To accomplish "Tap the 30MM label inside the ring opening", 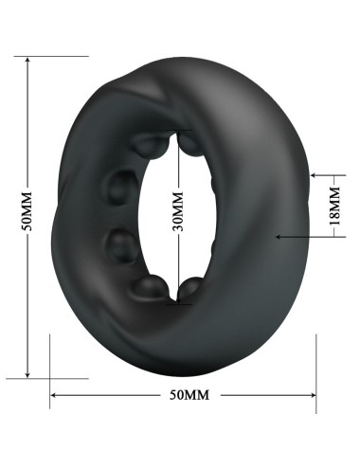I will (176, 216).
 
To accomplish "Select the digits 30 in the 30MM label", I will (176, 227).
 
